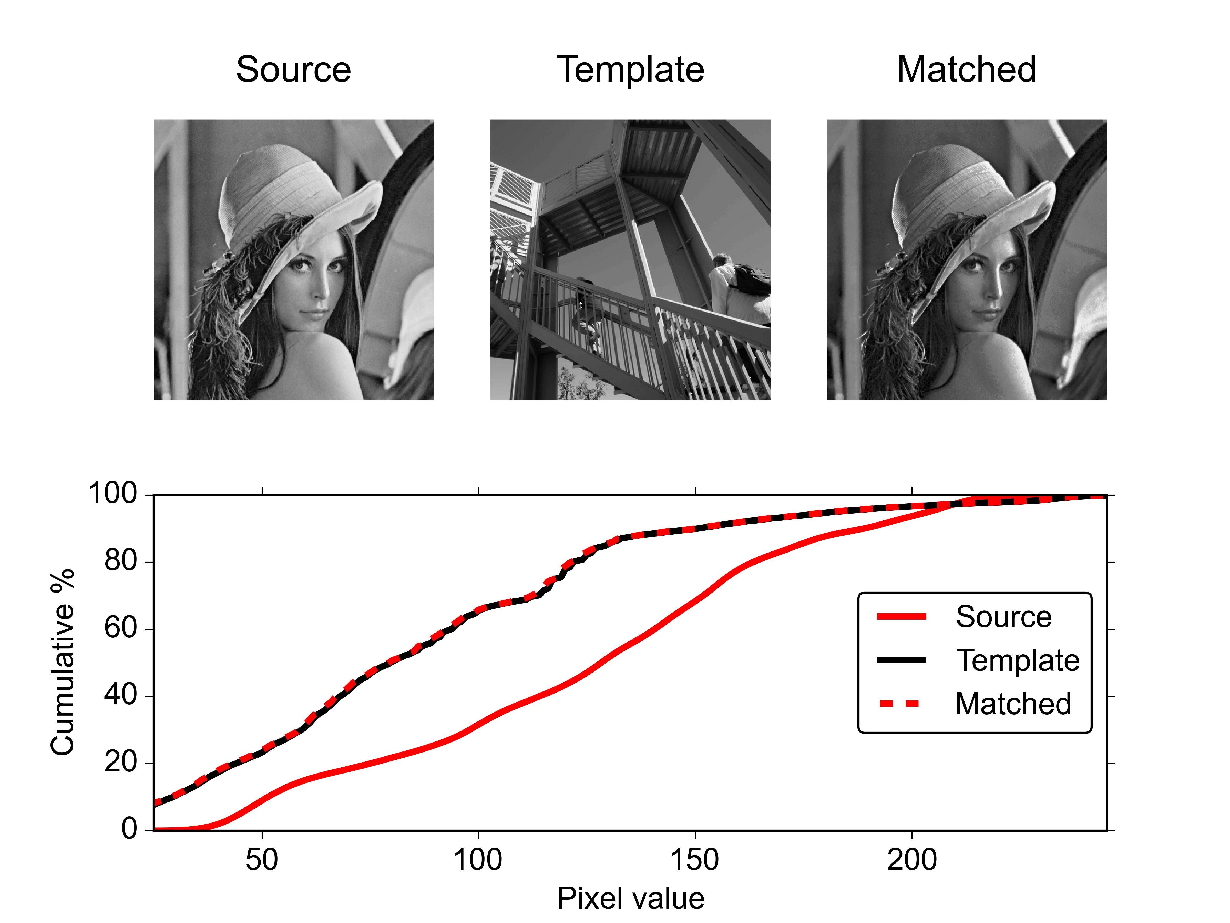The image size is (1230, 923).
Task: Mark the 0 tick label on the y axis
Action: point(129,829)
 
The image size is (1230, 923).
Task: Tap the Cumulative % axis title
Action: point(62,662)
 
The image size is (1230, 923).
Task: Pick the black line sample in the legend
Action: point(901,660)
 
